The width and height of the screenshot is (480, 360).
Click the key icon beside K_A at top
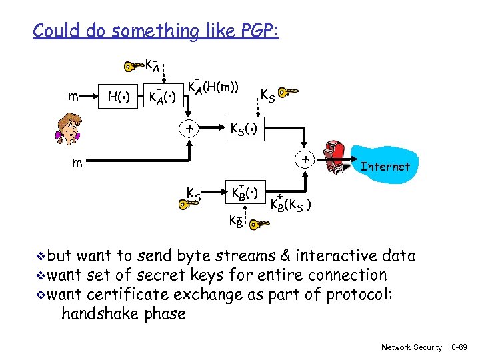(x=133, y=66)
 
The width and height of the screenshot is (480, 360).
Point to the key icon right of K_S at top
(x=288, y=92)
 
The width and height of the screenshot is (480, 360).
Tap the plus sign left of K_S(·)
(x=190, y=129)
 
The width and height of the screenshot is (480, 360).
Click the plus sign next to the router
(x=304, y=160)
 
